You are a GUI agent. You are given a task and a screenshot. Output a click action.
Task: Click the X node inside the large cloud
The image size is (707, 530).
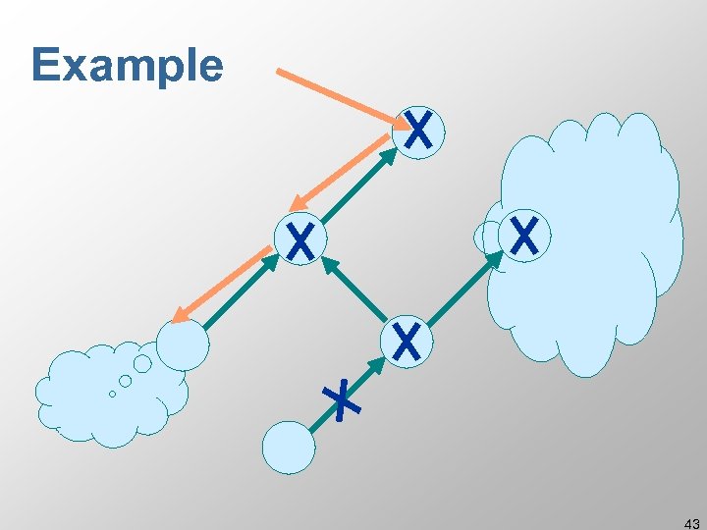[x=524, y=237]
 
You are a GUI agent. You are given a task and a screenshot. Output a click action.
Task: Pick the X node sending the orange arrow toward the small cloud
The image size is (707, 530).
[x=300, y=239]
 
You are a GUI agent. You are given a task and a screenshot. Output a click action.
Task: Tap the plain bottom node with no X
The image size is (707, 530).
[x=289, y=448]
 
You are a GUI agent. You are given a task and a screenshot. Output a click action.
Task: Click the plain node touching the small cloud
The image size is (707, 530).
[x=184, y=343]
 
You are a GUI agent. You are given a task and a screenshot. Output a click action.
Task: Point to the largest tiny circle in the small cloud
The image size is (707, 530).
[x=142, y=364]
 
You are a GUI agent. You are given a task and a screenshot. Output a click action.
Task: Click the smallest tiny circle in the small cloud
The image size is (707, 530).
[x=112, y=394]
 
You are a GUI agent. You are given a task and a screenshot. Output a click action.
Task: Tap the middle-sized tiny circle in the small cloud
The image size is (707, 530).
[x=126, y=380]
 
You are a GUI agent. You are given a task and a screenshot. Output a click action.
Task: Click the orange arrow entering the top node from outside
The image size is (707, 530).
[x=340, y=95]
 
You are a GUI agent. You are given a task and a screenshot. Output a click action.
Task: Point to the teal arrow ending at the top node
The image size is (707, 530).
[x=358, y=187]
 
